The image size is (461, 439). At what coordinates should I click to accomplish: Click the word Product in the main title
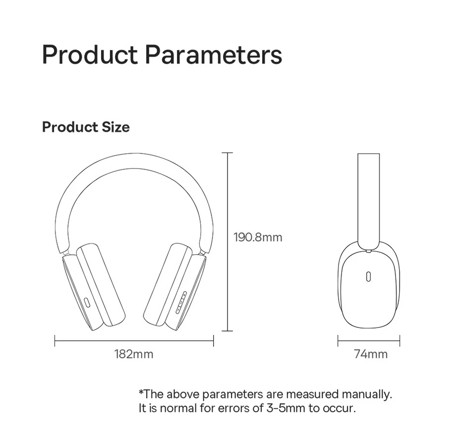tap(90, 55)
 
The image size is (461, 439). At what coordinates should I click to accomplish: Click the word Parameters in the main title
tap(214, 55)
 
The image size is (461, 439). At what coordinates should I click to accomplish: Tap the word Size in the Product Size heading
tap(115, 127)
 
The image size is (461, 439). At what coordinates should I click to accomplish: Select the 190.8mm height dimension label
tap(258, 237)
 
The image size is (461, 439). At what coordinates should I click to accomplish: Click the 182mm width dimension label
tap(134, 354)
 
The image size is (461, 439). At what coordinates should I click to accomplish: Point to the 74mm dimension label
tap(371, 354)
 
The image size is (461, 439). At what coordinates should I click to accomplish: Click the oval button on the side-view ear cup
tap(368, 277)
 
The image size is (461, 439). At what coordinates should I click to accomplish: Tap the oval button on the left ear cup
tap(87, 303)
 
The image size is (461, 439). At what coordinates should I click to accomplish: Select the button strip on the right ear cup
tap(181, 302)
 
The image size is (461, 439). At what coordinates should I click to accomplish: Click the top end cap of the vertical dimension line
tap(227, 153)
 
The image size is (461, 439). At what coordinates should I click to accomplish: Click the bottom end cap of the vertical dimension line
tap(227, 331)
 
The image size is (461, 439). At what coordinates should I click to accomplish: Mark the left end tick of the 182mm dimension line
tap(55, 340)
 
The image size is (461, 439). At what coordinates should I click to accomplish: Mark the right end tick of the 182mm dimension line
tap(214, 340)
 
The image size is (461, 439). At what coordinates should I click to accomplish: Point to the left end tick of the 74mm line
tap(338, 340)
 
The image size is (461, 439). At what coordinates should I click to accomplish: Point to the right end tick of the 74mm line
tap(400, 340)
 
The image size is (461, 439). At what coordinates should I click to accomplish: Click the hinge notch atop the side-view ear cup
tap(368, 251)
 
